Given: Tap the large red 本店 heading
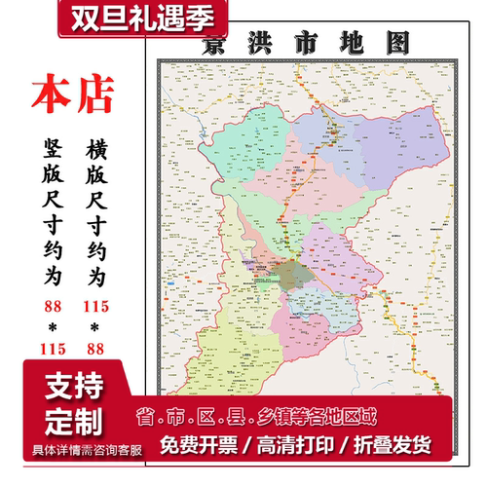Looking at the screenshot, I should (73, 94).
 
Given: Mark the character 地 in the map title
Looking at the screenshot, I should (351, 43).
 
